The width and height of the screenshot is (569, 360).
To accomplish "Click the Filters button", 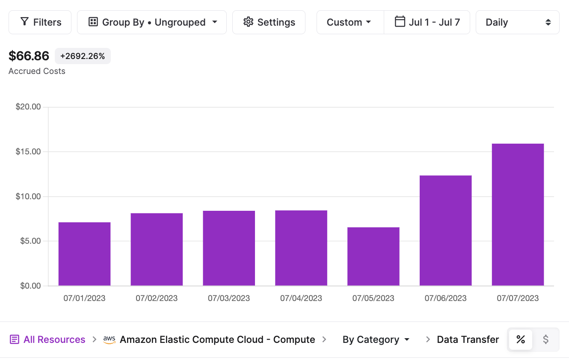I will tap(40, 22).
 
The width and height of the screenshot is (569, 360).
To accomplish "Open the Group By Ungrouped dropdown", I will tap(152, 22).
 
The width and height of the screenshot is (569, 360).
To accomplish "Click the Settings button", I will tap(269, 22).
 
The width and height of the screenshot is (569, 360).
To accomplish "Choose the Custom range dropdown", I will tap(349, 22).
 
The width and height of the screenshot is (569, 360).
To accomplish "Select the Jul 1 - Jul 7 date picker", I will tap(427, 22).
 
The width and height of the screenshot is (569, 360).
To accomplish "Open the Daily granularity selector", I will tap(517, 22).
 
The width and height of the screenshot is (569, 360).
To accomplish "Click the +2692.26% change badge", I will tap(83, 56).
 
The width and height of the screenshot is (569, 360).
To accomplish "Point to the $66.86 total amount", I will tap(29, 56).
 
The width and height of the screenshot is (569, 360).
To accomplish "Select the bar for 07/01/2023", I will tap(84, 254).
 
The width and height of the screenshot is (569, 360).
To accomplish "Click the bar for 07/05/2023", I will tap(373, 257).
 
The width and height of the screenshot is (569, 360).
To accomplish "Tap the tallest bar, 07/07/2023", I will tap(518, 215).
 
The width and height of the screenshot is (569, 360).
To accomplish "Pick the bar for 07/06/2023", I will tap(445, 230).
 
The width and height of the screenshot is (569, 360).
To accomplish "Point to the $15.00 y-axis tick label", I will tap(28, 152).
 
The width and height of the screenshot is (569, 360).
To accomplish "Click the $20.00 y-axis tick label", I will tap(28, 107).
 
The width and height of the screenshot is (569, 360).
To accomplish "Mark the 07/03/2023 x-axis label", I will tap(229, 298).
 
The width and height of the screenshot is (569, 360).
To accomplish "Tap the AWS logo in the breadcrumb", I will tap(110, 339).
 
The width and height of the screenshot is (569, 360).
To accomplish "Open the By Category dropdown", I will tap(376, 339).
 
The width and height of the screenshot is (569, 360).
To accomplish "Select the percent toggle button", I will tap(520, 339).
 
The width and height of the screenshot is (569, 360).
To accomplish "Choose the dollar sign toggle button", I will tap(545, 339).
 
